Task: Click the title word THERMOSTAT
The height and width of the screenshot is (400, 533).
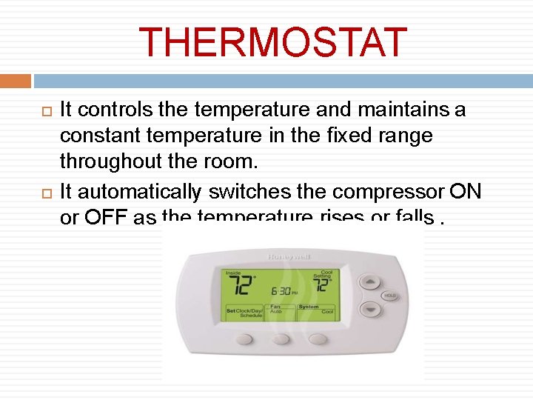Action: click(272, 43)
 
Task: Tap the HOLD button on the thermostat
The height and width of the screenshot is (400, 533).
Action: click(390, 296)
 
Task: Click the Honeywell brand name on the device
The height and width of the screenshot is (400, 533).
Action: click(289, 257)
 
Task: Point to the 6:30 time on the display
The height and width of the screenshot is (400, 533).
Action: click(284, 291)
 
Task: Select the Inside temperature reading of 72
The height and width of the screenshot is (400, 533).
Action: click(238, 285)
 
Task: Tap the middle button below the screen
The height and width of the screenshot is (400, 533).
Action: click(281, 339)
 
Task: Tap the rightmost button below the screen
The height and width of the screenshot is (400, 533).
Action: click(318, 339)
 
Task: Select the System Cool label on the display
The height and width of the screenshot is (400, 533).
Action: click(315, 309)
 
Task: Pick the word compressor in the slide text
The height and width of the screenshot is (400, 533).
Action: click(389, 192)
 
